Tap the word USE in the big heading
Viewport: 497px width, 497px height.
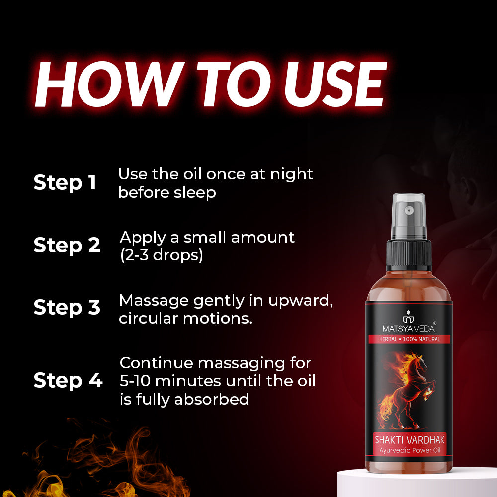335,84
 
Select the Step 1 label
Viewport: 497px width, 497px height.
65,183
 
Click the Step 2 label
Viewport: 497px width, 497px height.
67,246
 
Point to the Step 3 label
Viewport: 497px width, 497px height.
67,308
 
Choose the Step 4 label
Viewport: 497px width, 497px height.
68,380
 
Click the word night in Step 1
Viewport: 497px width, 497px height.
292,174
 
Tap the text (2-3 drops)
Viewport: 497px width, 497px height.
162,255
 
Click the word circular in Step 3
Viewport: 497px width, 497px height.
148,318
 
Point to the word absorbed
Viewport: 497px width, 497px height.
211,399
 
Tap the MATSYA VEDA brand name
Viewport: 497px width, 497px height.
409,328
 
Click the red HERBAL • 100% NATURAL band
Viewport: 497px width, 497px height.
409,339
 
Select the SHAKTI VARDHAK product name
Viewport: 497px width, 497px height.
409,440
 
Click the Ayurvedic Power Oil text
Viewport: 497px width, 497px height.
410,450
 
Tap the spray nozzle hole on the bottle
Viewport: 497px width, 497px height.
409,210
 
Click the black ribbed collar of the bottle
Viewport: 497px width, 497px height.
409,255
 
